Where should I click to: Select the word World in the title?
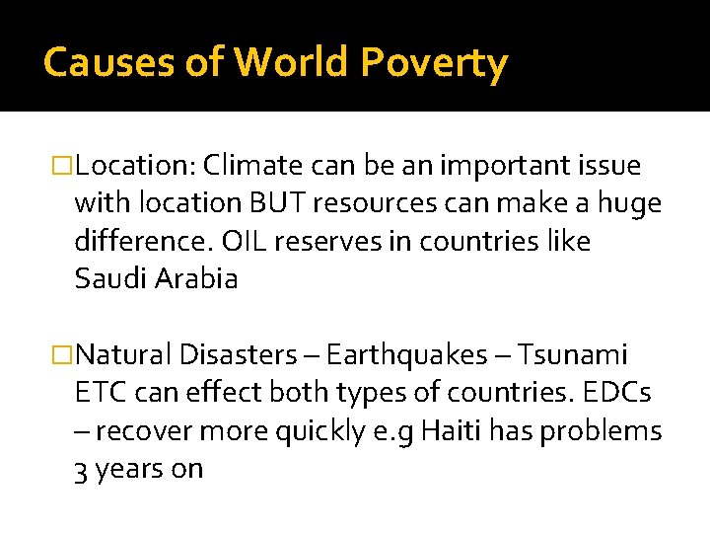tap(292, 63)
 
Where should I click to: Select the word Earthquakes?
tap(406, 355)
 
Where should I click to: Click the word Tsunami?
tap(572, 355)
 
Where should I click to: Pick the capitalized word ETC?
tap(98, 393)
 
